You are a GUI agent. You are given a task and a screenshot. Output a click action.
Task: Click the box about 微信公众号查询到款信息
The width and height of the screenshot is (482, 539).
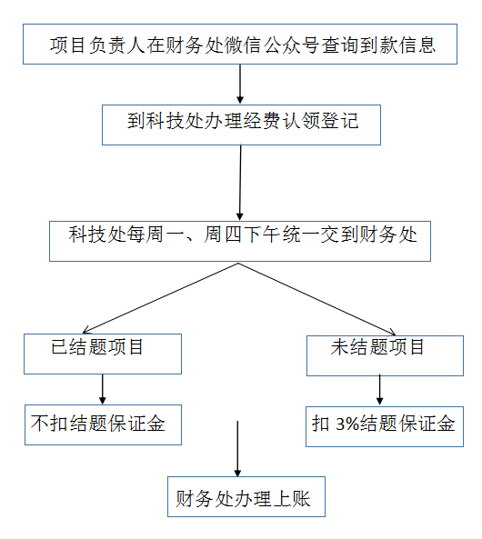pos(240,44)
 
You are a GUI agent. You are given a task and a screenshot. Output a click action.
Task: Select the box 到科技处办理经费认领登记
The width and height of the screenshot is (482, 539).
pos(241,125)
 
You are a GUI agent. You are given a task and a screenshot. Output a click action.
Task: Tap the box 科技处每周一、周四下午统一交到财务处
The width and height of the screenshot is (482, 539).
pos(240,241)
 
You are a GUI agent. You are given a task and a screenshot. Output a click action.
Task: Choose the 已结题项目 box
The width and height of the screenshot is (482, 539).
pos(103,354)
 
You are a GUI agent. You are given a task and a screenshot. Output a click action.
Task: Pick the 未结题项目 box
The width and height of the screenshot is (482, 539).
pos(385,355)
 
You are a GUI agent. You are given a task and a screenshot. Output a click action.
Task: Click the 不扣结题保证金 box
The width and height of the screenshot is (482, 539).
pos(103,424)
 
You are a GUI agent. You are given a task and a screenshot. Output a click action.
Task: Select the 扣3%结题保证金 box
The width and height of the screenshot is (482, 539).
pos(385,426)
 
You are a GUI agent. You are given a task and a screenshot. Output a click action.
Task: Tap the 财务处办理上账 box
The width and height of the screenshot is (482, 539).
pos(246,496)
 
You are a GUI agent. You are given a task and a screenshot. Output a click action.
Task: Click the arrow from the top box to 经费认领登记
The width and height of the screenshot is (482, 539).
pos(240,84)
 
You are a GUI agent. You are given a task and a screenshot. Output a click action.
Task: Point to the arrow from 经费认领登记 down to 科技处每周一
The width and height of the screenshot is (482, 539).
pos(240,183)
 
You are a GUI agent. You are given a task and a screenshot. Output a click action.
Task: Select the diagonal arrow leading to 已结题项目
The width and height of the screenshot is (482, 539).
pos(160,298)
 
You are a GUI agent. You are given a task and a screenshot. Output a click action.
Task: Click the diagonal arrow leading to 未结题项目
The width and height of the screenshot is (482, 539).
pos(316,299)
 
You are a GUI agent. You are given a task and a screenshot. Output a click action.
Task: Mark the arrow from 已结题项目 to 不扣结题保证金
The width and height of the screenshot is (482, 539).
pos(102,389)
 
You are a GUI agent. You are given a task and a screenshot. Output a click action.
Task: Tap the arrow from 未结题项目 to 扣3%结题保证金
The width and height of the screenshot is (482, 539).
pos(379,390)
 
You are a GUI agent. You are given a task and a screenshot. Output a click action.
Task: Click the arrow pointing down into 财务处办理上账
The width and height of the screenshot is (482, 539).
pos(237,449)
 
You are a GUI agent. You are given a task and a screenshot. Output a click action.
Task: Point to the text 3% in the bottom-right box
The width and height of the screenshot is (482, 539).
pos(347,424)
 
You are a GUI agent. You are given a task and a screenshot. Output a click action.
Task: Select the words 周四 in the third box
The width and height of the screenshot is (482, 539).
pos(223,235)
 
